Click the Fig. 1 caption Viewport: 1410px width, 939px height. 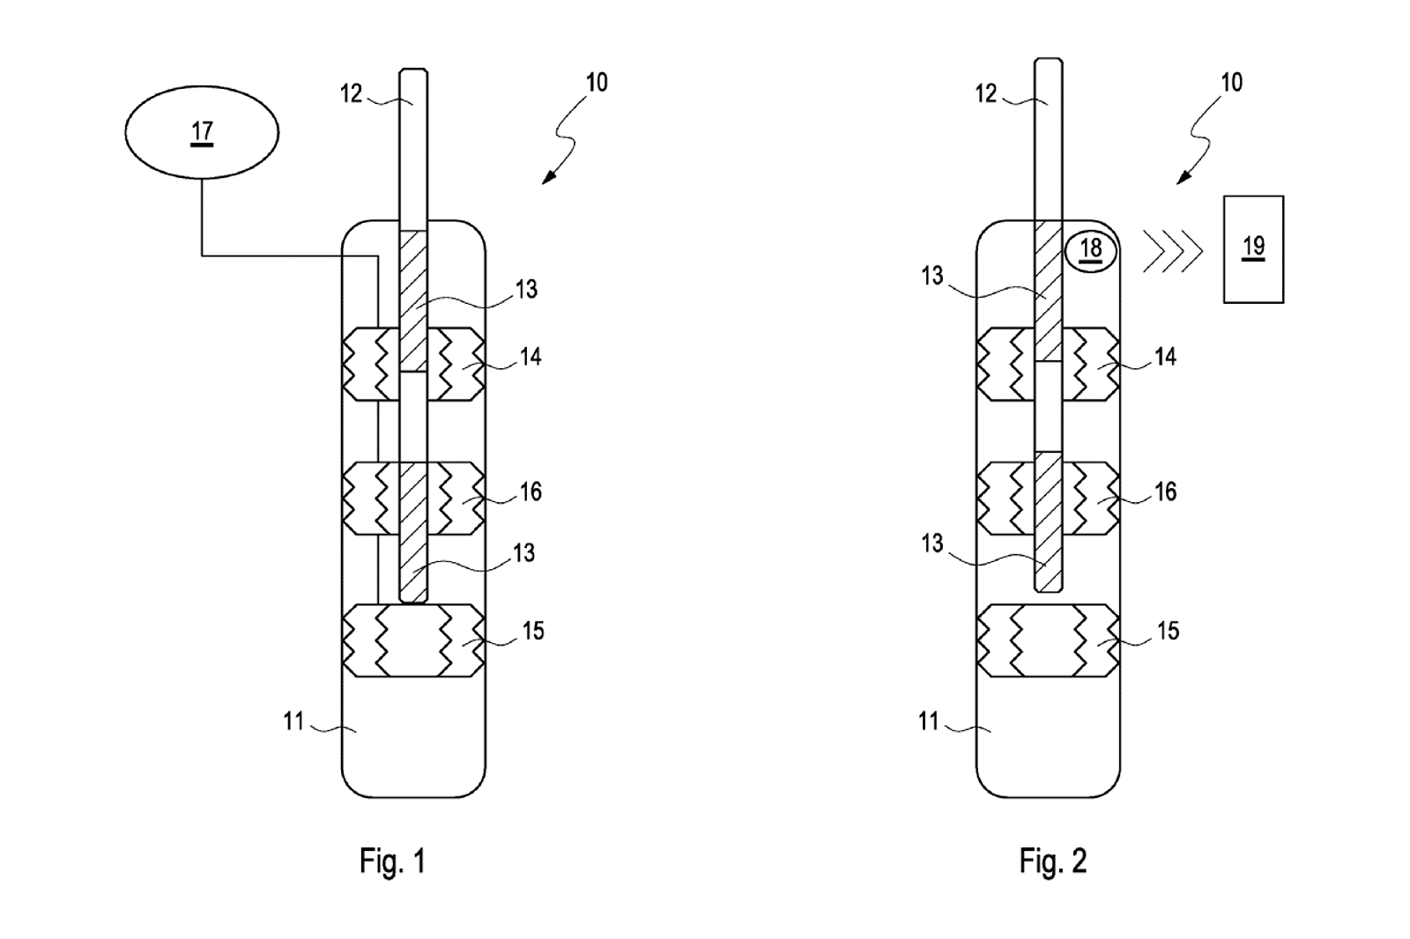point(393,861)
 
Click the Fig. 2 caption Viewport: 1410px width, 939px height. point(1053,861)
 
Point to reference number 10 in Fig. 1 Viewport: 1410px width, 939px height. point(597,83)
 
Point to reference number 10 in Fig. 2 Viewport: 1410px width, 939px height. point(1232,83)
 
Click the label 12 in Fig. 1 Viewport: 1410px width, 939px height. point(352,93)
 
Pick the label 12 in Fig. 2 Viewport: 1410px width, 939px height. point(986,93)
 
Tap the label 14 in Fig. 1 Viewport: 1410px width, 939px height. point(531,357)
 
